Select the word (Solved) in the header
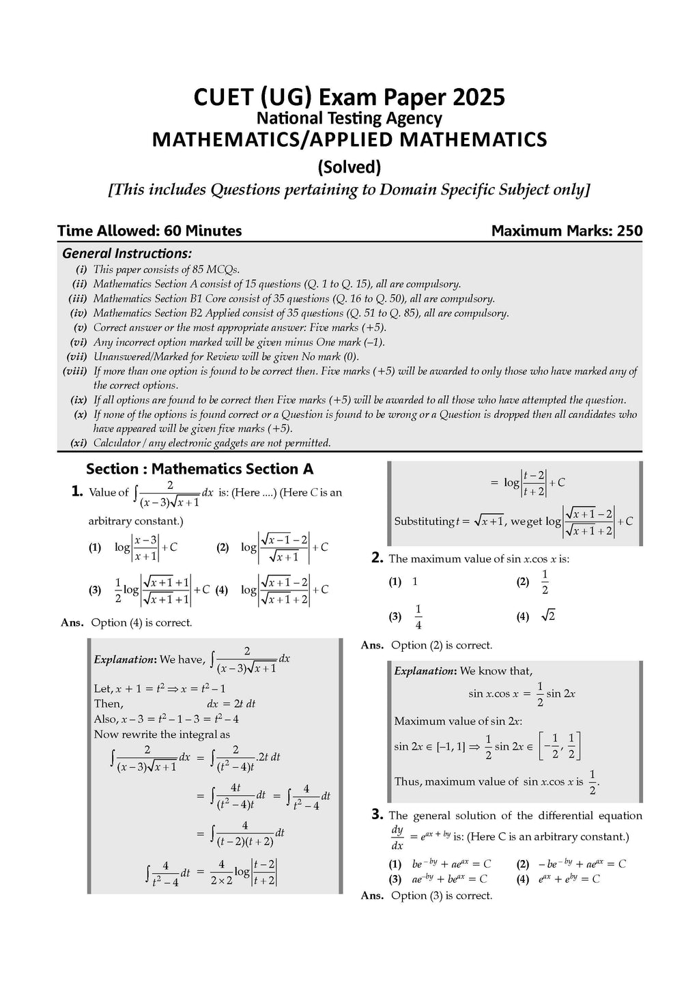click(349, 167)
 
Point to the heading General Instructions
click(127, 253)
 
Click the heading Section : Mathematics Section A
click(199, 469)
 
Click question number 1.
click(77, 491)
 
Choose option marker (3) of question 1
click(95, 590)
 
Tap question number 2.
click(377, 558)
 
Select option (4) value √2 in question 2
click(547, 616)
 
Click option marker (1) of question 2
click(395, 582)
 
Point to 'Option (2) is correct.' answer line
click(441, 645)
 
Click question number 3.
click(377, 814)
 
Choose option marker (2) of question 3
click(523, 864)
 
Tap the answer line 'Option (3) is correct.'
click(441, 896)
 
